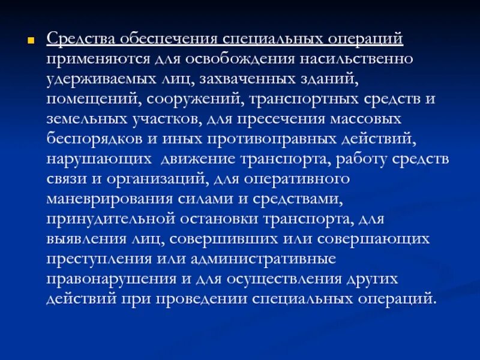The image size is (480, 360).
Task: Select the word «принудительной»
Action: [102, 218]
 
